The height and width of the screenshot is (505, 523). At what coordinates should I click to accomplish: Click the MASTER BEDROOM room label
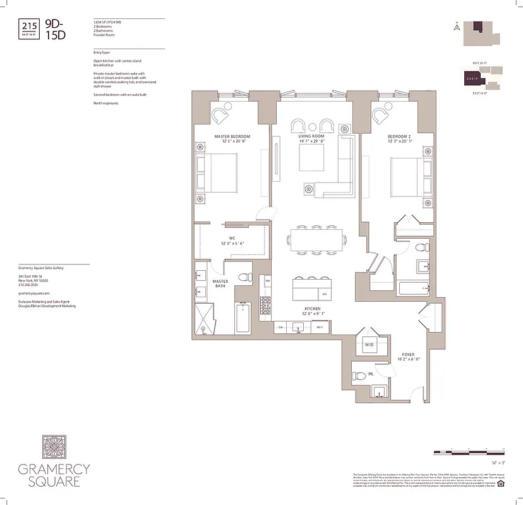click(x=232, y=137)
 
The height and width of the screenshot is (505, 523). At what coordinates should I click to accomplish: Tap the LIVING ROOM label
click(x=311, y=136)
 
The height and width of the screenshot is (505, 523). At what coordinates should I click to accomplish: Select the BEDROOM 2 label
click(x=400, y=136)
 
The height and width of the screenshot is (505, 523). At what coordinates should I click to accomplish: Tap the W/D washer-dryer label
click(x=369, y=345)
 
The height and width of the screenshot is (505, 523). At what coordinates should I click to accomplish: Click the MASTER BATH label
click(x=220, y=284)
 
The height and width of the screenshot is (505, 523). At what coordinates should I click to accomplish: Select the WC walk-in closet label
click(x=232, y=238)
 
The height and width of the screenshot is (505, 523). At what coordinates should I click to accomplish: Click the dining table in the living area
click(x=316, y=240)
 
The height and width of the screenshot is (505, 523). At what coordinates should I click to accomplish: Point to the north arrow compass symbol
click(x=456, y=27)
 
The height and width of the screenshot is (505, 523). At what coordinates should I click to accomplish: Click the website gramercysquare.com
click(x=34, y=294)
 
